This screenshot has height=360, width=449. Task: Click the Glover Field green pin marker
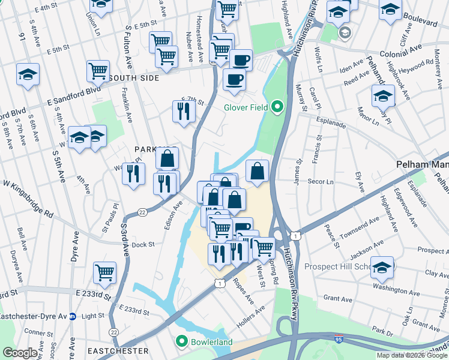click(x=277, y=108)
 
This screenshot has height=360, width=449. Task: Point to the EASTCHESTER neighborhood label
click(x=118, y=350)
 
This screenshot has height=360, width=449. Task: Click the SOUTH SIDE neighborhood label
click(x=133, y=78)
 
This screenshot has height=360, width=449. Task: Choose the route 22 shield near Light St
click(x=113, y=331)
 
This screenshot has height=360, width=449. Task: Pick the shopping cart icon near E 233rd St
click(x=104, y=273)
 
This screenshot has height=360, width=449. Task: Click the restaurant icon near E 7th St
click(x=183, y=111)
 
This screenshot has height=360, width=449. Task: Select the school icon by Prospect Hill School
click(x=382, y=268)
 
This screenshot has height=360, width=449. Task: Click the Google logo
click(x=20, y=352)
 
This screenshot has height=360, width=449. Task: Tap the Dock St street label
click(x=143, y=244)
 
